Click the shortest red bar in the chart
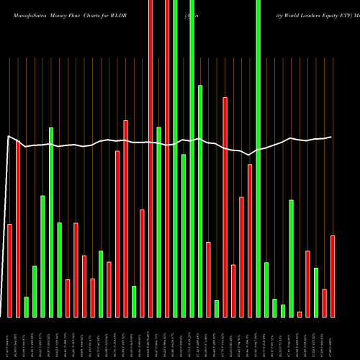point(300,314)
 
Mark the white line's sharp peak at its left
point(9,136)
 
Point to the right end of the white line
point(332,137)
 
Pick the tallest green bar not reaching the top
point(200,201)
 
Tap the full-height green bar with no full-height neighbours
point(258,158)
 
